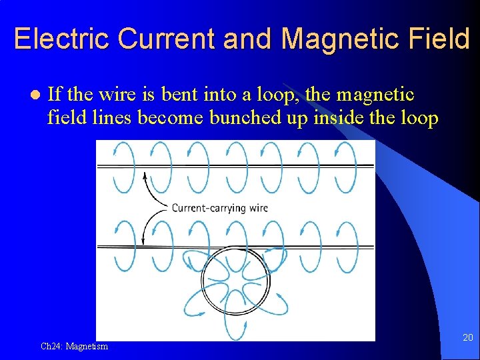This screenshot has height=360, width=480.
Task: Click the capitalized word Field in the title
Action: click(x=441, y=39)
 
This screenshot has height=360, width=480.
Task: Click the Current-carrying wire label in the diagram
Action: click(x=219, y=207)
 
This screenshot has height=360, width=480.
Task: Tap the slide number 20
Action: click(x=467, y=338)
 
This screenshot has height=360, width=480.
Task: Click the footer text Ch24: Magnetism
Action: click(x=74, y=346)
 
